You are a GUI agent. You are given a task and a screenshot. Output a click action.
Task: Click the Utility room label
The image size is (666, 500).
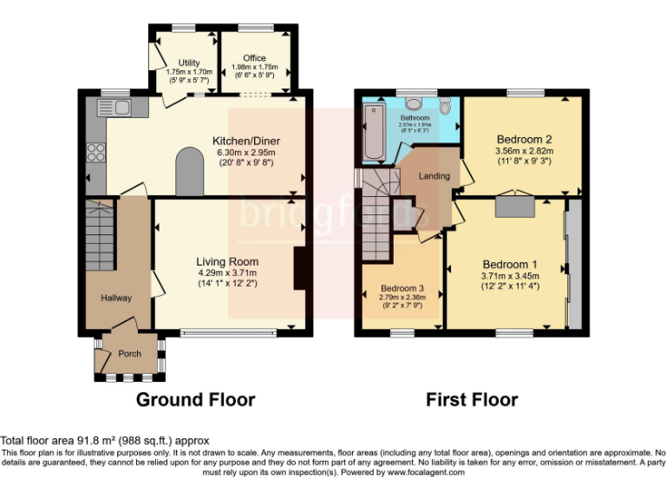tap(189, 62)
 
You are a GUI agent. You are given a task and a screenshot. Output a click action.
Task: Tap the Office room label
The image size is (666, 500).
tap(255, 58)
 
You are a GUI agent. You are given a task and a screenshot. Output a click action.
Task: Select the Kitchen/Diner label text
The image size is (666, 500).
tap(246, 141)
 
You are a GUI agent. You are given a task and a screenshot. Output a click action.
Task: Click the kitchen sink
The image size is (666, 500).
tap(117, 108)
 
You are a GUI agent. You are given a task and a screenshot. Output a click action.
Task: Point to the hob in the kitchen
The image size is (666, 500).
tap(95, 153)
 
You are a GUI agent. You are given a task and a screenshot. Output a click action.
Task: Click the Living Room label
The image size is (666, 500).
tap(227, 261)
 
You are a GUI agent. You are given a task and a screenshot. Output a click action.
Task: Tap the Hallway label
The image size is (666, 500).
tap(116, 298)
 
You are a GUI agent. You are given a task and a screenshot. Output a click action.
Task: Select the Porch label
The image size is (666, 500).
tap(130, 353)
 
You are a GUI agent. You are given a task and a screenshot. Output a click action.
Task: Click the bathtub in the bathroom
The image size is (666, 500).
tap(372, 132)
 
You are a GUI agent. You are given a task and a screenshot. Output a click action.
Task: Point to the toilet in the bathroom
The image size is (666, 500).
tap(445, 105)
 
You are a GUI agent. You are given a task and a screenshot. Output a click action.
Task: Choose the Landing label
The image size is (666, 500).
tap(434, 176)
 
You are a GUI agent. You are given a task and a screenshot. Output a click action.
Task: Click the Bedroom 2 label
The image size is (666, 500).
tap(524, 139)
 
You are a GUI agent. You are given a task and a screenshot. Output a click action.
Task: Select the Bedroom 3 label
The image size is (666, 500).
tap(403, 288)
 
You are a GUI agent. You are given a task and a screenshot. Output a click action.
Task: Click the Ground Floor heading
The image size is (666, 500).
tap(195, 399)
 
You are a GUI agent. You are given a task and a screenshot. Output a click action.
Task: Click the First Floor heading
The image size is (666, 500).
tap(472, 399)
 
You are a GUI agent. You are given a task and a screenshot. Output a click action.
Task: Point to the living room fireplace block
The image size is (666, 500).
tap(300, 268)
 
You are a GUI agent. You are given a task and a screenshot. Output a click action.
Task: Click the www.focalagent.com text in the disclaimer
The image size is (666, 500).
tap(422, 473)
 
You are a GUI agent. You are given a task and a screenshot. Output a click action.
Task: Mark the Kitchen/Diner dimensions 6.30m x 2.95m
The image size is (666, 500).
tap(246, 153)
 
